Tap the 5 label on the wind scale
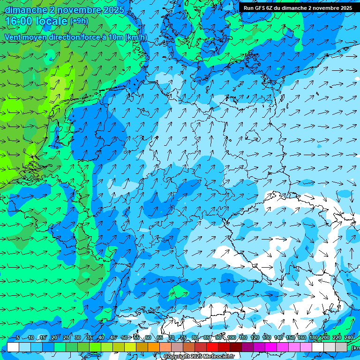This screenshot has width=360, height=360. tap(17, 337)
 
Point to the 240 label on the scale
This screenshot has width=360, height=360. tap(349, 337)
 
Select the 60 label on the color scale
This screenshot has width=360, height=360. tap(148, 337)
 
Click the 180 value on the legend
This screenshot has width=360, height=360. tap(313, 337)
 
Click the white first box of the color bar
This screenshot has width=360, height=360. tap(13, 347)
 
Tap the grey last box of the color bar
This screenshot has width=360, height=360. tap(341, 347)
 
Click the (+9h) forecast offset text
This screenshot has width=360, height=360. tap(79, 21)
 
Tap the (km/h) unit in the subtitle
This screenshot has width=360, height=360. tap(136, 37)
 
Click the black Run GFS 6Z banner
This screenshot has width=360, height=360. tap(298, 7)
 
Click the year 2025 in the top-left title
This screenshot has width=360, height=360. tap(113, 10)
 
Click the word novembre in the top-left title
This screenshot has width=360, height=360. tap(77, 10)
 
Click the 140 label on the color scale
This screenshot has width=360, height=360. tap(278, 337)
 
